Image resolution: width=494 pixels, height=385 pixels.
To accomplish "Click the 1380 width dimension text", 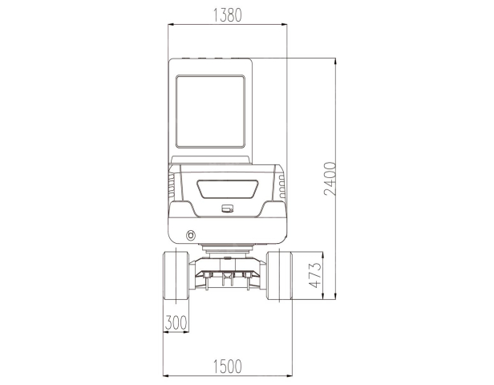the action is [x=228, y=15].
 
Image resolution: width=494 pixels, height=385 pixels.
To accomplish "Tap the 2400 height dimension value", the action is [x=330, y=179].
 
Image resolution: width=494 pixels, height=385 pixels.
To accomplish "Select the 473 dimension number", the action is [x=315, y=275].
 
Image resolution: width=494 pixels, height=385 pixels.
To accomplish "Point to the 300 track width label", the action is [x=176, y=322].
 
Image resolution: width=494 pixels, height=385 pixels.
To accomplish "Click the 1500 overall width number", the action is [x=228, y=367].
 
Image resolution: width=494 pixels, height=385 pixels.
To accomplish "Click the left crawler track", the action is [x=176, y=275].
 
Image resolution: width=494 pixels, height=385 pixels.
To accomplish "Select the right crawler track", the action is [x=279, y=275].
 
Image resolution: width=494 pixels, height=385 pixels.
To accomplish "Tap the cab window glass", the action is [x=210, y=111].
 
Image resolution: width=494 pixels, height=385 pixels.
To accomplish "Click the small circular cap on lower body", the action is [x=191, y=235].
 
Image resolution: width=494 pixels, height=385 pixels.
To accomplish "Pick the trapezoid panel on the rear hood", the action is [x=228, y=189].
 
